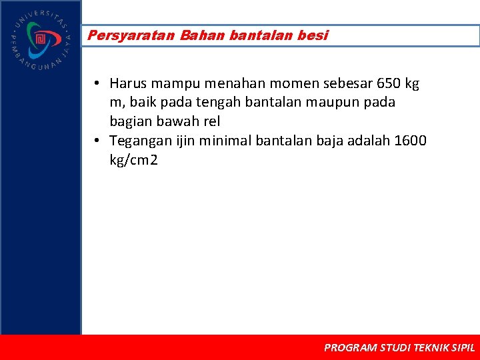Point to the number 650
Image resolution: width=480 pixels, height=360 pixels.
pos(389,83)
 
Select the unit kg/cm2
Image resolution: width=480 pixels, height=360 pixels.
pos(134,160)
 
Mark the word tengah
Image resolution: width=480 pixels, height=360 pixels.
pos(206,103)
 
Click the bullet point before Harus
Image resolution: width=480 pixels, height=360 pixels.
pos(97,84)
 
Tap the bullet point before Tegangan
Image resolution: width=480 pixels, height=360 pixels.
pos(97,141)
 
